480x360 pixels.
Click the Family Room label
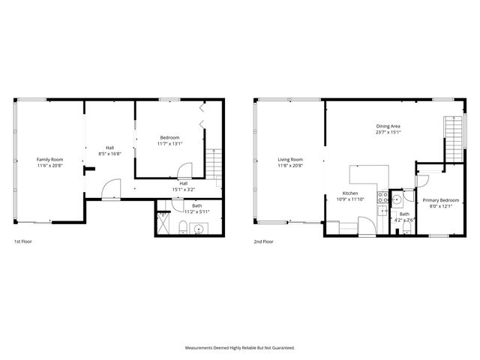coord(50,159)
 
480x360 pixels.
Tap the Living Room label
coord(290,159)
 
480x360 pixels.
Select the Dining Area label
coord(388,126)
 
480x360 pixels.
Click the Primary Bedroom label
coord(440,200)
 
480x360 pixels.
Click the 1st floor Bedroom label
coord(169,137)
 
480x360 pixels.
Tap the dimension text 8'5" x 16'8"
coord(109,154)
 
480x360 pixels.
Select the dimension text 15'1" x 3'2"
coord(183,189)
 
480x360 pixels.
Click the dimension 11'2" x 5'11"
coord(196,211)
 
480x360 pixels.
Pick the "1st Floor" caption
coord(22,242)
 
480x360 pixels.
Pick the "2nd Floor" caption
coord(263,242)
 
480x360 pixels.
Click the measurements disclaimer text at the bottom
coord(240,348)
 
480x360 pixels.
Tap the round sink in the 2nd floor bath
coord(397,200)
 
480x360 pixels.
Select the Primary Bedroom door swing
coord(422,181)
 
